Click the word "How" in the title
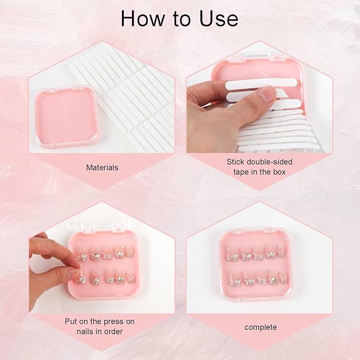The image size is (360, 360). coord(142,19)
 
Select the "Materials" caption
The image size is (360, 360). coord(102,168)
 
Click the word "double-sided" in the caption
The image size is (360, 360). coord(269,162)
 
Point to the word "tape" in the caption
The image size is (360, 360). coord(242,172)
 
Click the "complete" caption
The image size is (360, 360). coord(260,327)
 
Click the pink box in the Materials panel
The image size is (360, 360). coord(66,117)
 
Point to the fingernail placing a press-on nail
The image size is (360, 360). coord(74,274)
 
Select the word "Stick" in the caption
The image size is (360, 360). coord(235,162)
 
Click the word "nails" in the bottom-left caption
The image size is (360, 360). coord(86,331)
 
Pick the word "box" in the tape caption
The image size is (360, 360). coord(279,172)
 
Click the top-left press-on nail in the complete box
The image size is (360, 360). coord(232,254)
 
